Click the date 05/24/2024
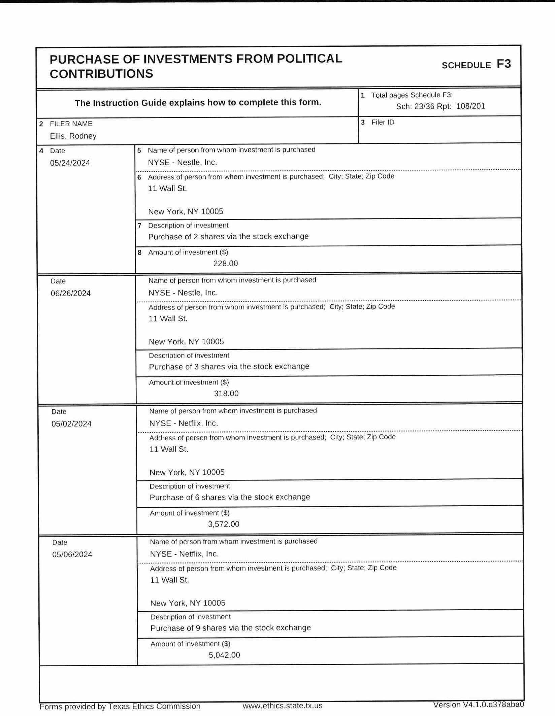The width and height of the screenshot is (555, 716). click(70, 163)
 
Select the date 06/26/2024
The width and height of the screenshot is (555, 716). click(71, 293)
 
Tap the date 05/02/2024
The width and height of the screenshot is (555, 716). click(71, 424)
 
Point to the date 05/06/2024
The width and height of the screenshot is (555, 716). click(72, 554)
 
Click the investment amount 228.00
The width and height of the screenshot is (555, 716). click(226, 263)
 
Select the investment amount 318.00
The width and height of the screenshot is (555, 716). click(226, 394)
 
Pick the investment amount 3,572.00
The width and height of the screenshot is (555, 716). click(224, 524)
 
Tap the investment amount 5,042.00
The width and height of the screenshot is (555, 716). click(224, 655)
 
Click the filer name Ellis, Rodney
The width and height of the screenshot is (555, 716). click(73, 136)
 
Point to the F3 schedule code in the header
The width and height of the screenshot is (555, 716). click(503, 64)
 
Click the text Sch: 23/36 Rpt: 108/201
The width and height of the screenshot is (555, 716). click(440, 106)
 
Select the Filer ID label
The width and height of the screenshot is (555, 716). click(383, 122)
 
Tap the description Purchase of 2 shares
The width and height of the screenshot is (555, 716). click(228, 236)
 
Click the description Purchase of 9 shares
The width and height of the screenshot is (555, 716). click(231, 628)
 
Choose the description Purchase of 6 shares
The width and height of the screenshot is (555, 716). click(230, 497)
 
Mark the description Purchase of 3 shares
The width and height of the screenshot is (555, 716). click(229, 367)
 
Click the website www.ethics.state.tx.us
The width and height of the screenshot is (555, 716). click(282, 706)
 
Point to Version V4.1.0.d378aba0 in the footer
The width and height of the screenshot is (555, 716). click(478, 705)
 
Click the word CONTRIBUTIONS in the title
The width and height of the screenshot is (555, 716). click(101, 74)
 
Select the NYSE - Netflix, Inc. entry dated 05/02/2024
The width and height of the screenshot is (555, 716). click(184, 423)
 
